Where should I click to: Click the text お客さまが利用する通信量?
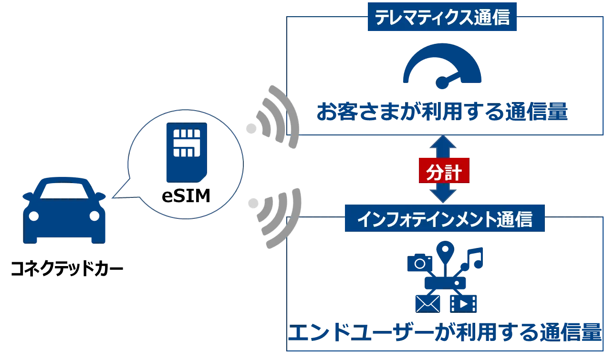click(x=442, y=112)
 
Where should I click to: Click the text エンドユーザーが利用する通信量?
click(x=444, y=333)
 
